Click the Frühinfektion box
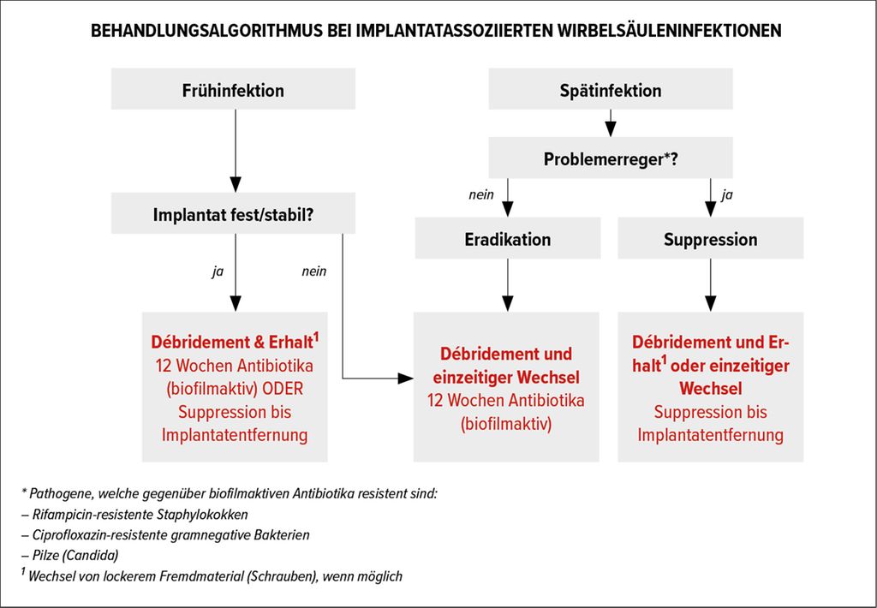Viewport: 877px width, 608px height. [233, 89]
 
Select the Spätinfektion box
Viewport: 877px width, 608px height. [611, 89]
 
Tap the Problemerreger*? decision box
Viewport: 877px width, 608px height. [611, 158]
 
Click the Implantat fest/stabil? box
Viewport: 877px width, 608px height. [233, 213]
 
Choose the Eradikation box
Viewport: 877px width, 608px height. [508, 238]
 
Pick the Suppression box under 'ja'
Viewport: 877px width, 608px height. [710, 238]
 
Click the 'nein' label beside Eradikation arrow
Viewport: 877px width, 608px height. [481, 194]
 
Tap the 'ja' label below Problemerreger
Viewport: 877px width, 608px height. [726, 195]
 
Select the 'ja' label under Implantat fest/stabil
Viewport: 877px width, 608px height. [218, 271]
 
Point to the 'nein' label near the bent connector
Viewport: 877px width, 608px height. [313, 271]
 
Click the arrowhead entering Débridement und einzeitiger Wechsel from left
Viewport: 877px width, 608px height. [405, 379]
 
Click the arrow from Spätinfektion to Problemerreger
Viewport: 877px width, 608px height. [611, 123]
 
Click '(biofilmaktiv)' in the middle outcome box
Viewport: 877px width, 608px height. [506, 424]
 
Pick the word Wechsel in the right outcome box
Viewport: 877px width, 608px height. [710, 388]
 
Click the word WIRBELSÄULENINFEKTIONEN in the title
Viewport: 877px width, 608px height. [670, 30]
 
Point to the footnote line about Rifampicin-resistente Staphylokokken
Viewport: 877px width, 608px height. [134, 515]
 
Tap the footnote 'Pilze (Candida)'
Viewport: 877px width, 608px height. [70, 556]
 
